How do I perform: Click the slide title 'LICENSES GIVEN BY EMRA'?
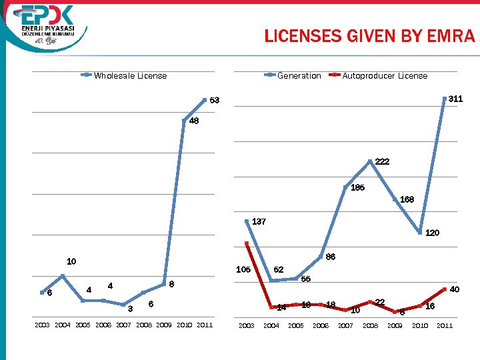[369, 36]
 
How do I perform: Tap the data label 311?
[455, 99]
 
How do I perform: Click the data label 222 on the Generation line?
[382, 162]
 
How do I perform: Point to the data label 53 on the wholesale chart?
[215, 101]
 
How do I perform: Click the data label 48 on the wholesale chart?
[193, 121]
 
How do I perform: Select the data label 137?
[259, 221]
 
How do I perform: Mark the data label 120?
[432, 233]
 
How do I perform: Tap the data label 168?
[407, 199]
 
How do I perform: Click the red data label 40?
[455, 290]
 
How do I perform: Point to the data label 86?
[330, 257]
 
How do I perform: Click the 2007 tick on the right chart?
[345, 325]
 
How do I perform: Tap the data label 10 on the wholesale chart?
[71, 261]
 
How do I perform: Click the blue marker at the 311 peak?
[443, 99]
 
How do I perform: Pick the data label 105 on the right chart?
[243, 270]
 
